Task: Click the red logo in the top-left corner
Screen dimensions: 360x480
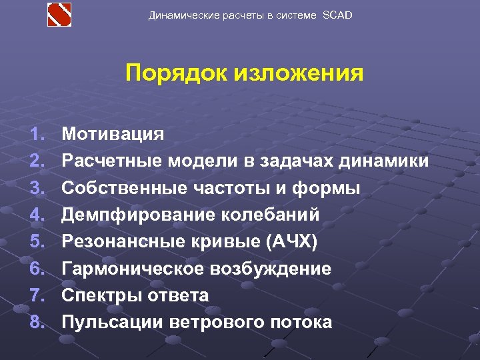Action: [x=59, y=15]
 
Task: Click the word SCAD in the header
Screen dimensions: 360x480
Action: [x=337, y=15]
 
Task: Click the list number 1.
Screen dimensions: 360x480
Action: [x=37, y=134]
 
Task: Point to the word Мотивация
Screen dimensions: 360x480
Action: [x=113, y=134]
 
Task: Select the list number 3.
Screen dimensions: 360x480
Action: [x=37, y=188]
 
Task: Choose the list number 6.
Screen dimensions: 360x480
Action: [x=37, y=269]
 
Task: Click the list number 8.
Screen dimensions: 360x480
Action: [x=37, y=323]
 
